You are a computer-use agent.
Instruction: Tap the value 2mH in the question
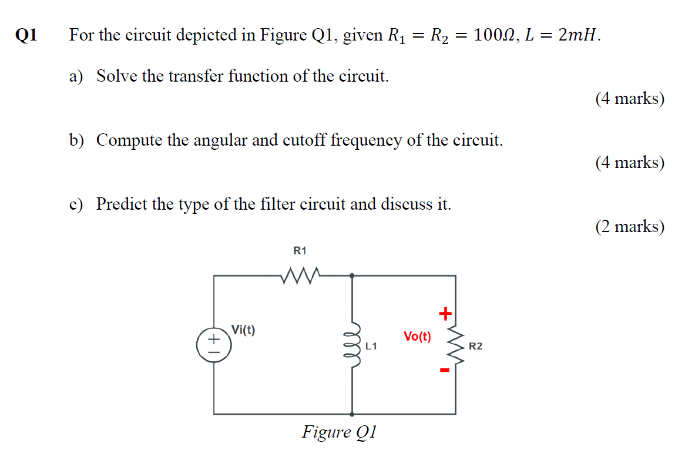click(579, 36)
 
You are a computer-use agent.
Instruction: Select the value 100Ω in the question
click(492, 36)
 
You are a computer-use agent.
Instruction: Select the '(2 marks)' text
click(630, 226)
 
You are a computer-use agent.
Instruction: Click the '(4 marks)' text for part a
click(630, 98)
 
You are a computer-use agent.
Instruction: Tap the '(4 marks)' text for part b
click(630, 162)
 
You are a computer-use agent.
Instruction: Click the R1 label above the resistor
click(300, 251)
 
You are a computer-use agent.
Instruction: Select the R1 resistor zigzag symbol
click(300, 274)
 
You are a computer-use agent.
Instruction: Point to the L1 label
click(371, 347)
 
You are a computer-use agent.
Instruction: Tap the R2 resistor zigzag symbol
click(456, 345)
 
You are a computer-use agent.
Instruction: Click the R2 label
click(475, 347)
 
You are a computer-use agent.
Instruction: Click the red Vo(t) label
click(417, 337)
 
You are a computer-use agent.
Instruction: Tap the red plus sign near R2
click(445, 314)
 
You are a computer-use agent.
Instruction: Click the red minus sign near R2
click(445, 370)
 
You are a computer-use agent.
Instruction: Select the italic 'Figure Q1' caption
click(339, 432)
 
